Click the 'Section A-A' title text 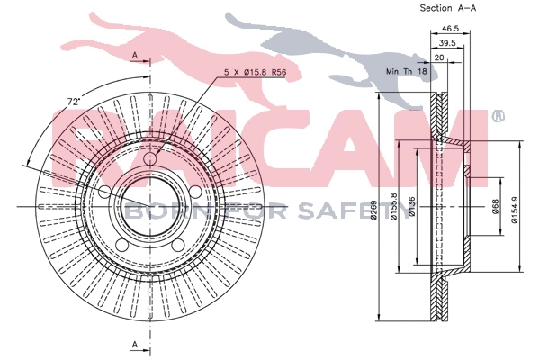[446, 8]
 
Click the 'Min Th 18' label [405, 70]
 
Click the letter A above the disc [135, 57]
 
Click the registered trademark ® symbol [497, 115]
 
